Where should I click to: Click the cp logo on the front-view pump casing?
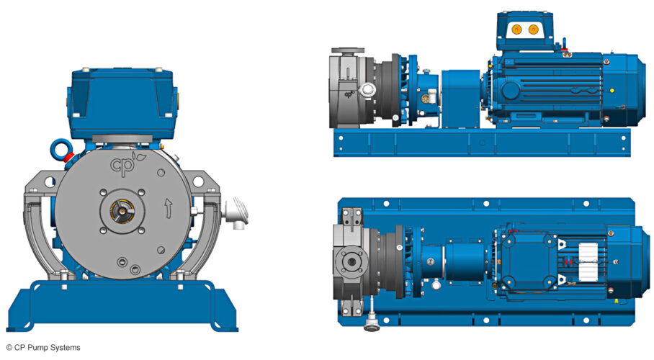point(123,166)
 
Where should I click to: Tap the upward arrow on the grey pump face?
point(167,209)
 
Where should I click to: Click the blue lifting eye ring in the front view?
point(60,149)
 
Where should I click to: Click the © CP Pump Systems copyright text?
point(43,348)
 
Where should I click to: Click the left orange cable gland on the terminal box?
point(516,30)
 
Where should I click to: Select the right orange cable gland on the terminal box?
point(534,30)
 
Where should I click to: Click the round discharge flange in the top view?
point(351,261)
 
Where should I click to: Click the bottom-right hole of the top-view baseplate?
point(621,315)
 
